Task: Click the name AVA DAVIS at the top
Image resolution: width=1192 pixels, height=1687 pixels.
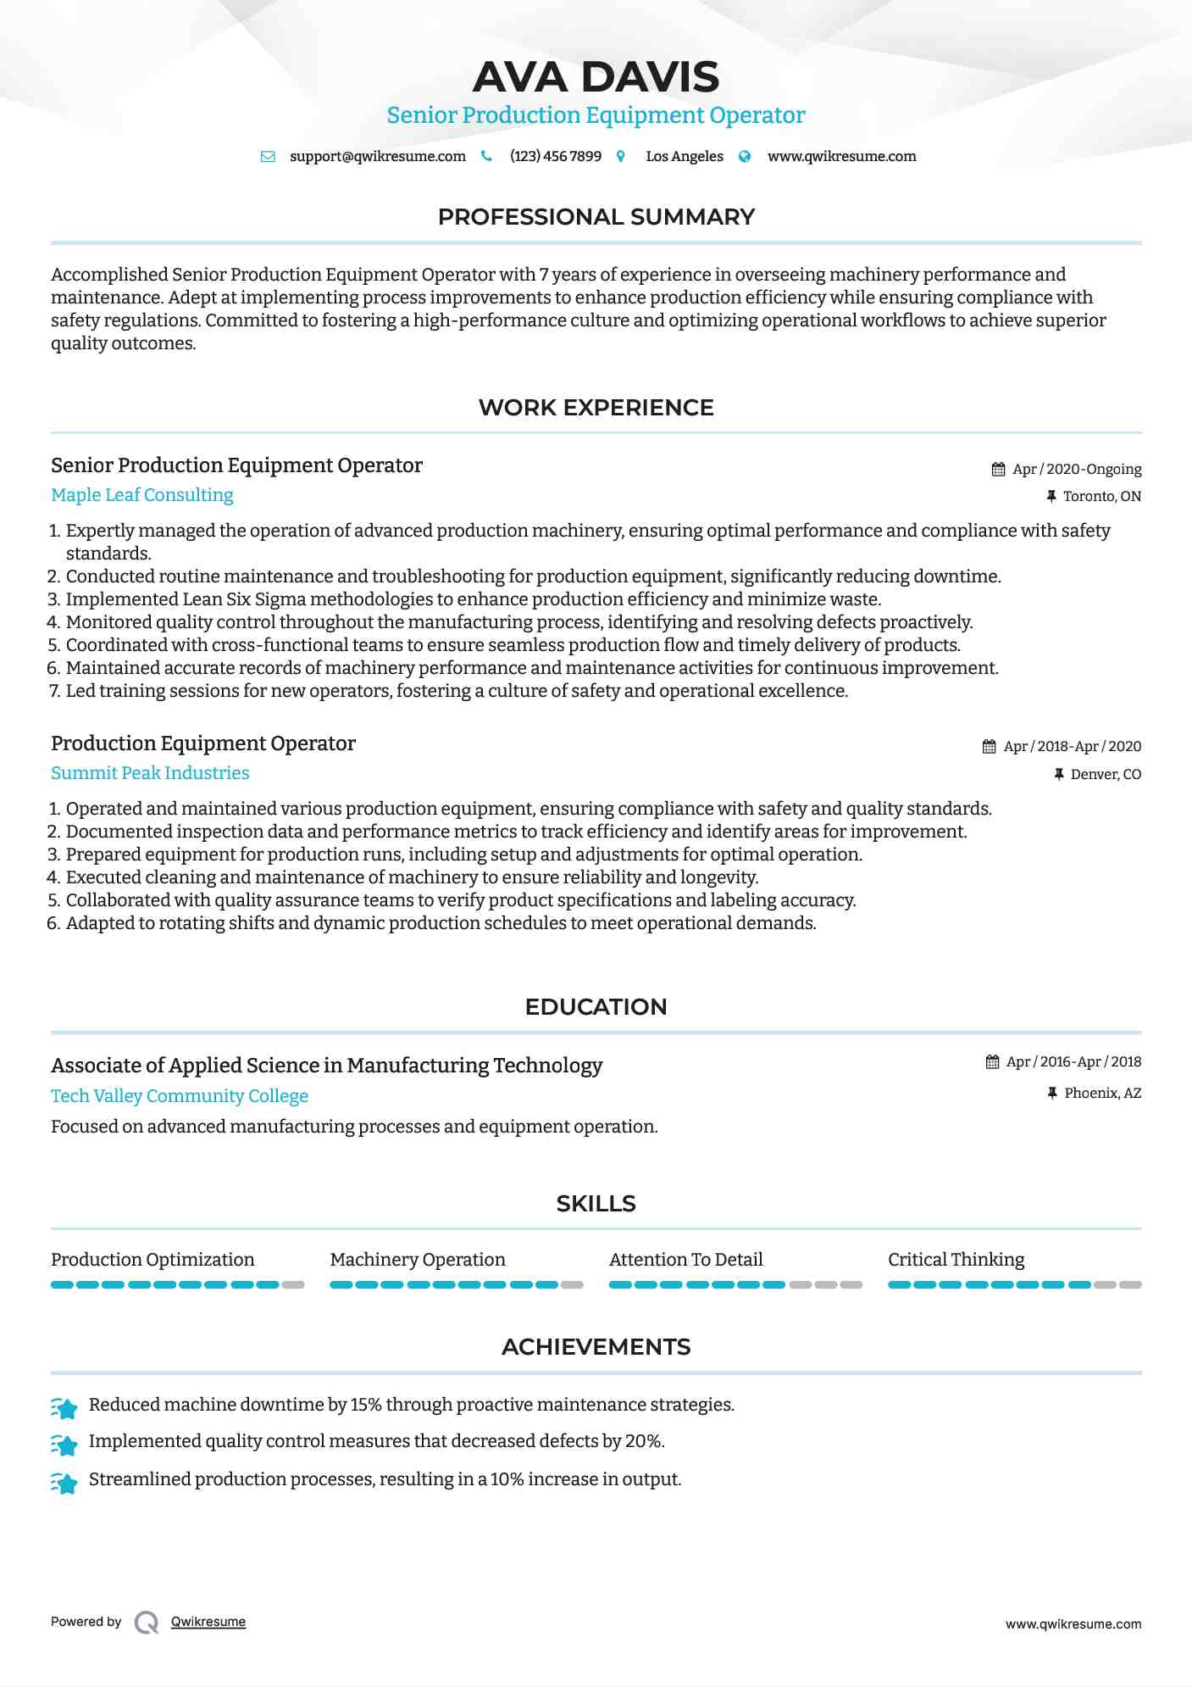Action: [x=596, y=77]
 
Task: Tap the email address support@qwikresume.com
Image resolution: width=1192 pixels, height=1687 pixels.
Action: [x=377, y=157]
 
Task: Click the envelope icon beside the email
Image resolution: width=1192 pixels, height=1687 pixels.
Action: [x=268, y=157]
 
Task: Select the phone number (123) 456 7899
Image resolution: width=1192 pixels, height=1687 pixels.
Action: [x=555, y=157]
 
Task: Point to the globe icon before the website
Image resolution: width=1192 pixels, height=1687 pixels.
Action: [x=745, y=157]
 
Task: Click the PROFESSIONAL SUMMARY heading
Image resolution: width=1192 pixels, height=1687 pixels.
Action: [x=596, y=217]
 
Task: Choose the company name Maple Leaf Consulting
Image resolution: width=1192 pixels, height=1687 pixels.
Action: [x=142, y=495]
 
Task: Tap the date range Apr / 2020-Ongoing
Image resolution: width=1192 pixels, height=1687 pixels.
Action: [x=1077, y=470]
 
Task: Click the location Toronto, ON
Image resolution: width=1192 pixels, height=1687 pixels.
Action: [x=1101, y=497]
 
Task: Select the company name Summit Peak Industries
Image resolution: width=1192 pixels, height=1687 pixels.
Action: [x=150, y=773]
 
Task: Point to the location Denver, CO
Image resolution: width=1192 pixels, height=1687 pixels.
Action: [x=1106, y=775]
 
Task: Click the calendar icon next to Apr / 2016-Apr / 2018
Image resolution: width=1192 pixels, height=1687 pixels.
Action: [x=993, y=1062]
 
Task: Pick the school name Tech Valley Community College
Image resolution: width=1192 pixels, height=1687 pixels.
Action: [x=180, y=1096]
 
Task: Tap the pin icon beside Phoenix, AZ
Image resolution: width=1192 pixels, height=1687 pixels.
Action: [x=1052, y=1094]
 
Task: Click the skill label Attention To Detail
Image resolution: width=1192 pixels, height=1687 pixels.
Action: [x=685, y=1260]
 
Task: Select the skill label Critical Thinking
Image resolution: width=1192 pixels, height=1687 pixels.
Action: [x=956, y=1260]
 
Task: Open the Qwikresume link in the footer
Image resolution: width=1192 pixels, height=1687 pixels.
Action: [x=208, y=1622]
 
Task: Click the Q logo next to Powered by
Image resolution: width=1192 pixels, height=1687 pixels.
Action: [x=147, y=1623]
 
